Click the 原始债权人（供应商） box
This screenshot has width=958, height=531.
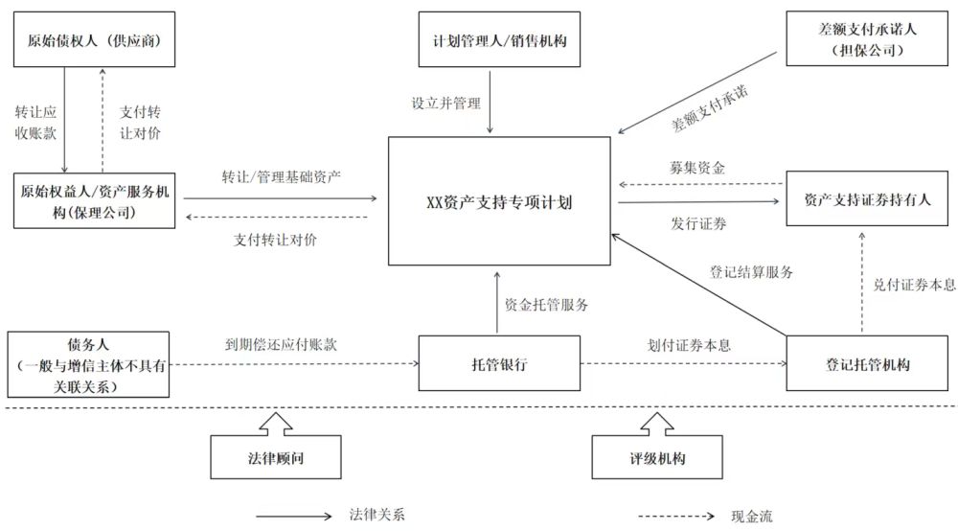tap(92, 40)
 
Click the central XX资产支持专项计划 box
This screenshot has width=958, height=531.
tap(498, 201)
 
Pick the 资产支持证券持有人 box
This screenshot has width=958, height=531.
tap(868, 198)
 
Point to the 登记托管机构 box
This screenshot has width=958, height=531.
tap(868, 364)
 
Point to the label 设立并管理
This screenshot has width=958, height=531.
tap(445, 104)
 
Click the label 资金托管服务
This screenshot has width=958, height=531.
tap(546, 306)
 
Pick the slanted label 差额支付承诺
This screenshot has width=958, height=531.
tap(709, 108)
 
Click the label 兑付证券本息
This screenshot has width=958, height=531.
tap(914, 284)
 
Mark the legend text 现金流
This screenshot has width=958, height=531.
tap(751, 516)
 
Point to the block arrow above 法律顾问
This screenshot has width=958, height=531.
tap(276, 423)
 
